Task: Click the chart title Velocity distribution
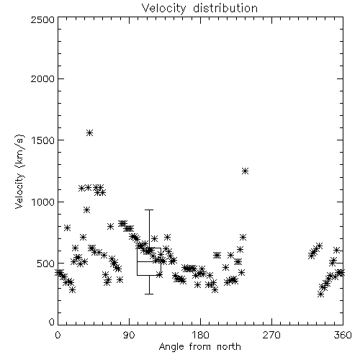coord(199,9)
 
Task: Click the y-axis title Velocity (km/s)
coord(19,171)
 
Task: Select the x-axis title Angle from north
coord(199,347)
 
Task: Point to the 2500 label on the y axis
coord(42,19)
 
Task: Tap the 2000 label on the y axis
coord(42,79)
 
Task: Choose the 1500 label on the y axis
coord(42,140)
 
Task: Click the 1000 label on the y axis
coord(42,202)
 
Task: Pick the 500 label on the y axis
coord(45,264)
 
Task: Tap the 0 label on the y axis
coord(52,322)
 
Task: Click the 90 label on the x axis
coord(129,335)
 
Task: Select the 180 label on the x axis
coord(200,335)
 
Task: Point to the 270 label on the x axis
coord(271,335)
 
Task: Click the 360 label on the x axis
coord(343,335)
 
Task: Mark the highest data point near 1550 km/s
coord(89,133)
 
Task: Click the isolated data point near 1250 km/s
coord(245,171)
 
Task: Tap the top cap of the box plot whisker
coord(149,210)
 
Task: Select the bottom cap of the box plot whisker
coord(149,294)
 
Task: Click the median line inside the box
coord(149,261)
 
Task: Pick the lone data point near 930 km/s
coord(87,210)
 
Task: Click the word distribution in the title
coord(225,9)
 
